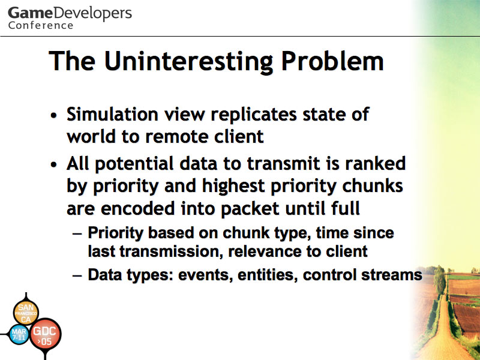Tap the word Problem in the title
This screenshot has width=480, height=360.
(x=332, y=61)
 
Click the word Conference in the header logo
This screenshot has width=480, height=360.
(x=41, y=25)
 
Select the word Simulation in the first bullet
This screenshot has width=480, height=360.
(x=112, y=114)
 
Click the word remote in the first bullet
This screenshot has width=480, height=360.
(x=176, y=137)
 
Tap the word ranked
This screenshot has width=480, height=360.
(x=376, y=163)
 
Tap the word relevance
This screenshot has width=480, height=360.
(x=265, y=251)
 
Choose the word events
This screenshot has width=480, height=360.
(x=203, y=275)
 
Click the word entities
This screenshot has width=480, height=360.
(x=268, y=275)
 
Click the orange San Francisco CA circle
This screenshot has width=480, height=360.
(x=26, y=313)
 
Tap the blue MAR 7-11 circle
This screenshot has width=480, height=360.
(x=19, y=334)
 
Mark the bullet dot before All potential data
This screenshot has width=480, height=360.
(x=54, y=164)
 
